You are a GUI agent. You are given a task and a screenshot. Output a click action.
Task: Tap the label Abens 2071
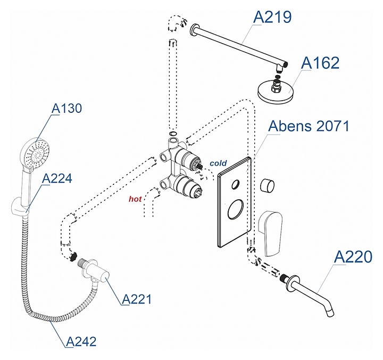tap(309, 126)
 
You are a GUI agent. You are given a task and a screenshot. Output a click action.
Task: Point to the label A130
tap(66, 109)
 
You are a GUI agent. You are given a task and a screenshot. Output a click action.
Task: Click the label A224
tap(57, 178)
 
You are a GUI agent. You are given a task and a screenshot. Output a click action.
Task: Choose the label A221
tap(137, 299)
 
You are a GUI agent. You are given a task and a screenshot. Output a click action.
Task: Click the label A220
tap(353, 257)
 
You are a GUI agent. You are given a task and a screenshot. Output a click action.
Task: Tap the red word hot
tap(136, 199)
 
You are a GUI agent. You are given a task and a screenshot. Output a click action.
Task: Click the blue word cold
tap(218, 163)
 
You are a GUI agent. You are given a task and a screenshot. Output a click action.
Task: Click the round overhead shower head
tap(276, 92)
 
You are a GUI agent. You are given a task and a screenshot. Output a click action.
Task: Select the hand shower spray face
tap(35, 151)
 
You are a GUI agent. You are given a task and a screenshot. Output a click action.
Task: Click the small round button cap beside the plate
tap(268, 186)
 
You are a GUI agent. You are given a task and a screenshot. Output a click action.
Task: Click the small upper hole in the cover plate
tap(235, 185)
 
